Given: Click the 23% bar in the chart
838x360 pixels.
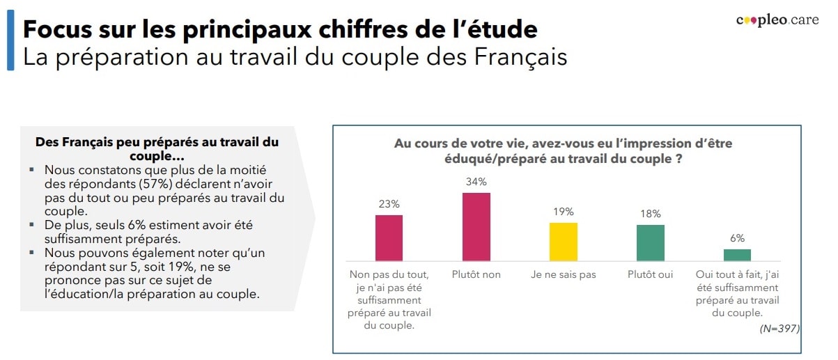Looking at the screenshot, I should (389, 237).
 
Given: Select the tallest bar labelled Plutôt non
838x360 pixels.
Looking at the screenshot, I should (476, 226).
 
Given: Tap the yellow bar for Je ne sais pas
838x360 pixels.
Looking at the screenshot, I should (563, 242).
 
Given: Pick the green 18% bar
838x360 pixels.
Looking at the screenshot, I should (651, 242).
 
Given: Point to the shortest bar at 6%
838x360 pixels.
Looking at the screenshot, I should (737, 254).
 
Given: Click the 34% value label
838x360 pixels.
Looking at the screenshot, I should (476, 182).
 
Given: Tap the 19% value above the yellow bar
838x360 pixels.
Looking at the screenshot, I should (563, 212).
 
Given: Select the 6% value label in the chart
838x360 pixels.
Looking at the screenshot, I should (737, 238).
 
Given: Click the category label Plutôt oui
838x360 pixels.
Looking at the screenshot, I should (651, 274).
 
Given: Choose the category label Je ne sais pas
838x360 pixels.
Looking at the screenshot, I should (563, 274).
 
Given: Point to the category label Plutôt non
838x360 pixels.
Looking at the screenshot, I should (476, 274).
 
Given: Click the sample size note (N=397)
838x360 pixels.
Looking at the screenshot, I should (779, 328).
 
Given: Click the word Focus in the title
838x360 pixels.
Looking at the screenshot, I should (59, 30).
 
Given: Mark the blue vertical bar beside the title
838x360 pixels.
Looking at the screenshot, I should (10, 40).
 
